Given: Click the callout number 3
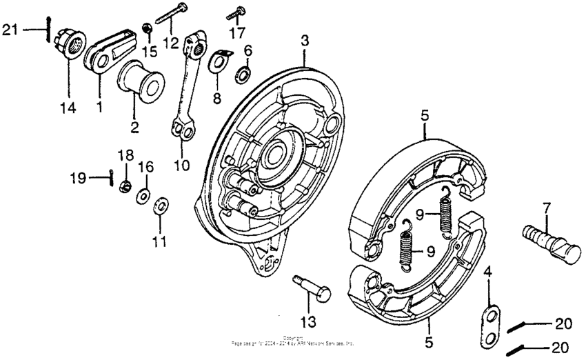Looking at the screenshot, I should click(304, 41).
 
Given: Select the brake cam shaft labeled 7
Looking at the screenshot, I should click(552, 239).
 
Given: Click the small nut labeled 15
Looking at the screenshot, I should click(147, 28).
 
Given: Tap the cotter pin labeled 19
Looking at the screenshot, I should click(112, 179).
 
